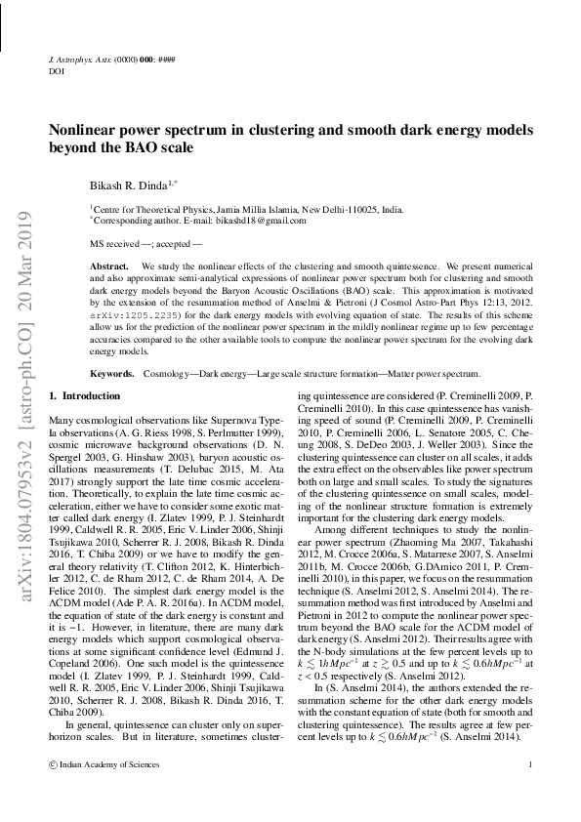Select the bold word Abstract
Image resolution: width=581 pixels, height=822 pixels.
coord(108,266)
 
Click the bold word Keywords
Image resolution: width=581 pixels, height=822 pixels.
coord(111,374)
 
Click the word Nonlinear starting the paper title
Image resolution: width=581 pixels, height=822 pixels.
coord(85,130)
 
